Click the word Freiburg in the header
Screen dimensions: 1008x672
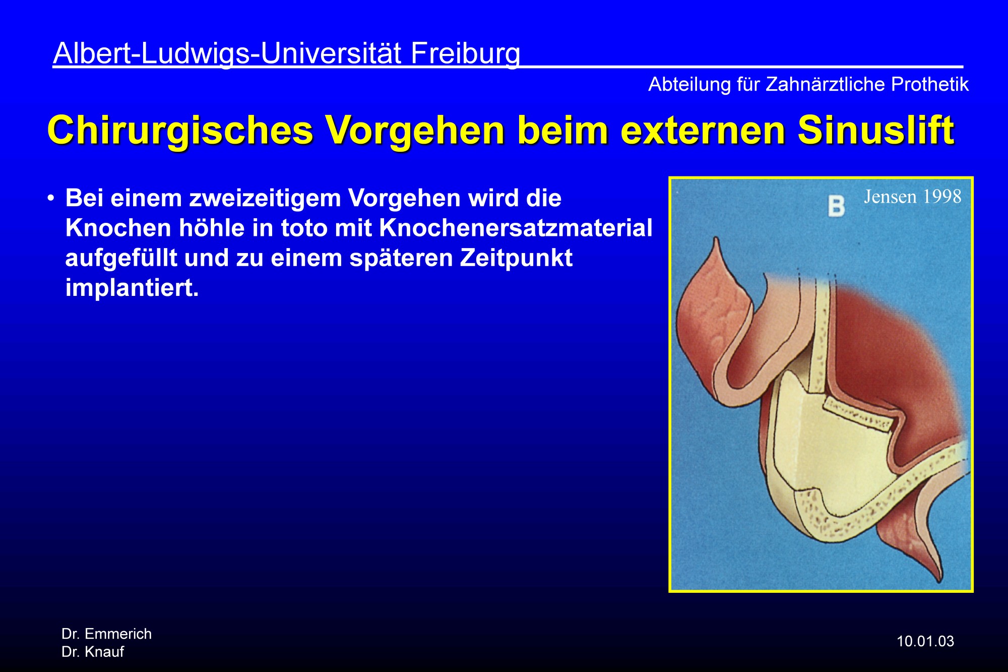465,54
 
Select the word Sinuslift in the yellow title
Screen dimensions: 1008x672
876,130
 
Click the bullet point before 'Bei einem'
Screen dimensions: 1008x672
51,198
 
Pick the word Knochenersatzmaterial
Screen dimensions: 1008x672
516,228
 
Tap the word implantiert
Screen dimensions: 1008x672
132,288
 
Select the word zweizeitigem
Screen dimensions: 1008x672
264,199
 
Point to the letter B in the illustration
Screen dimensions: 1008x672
836,206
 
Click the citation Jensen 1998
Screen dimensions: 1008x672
913,197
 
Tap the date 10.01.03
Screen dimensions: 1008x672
925,641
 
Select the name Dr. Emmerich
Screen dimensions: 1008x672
106,634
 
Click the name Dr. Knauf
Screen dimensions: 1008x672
93,652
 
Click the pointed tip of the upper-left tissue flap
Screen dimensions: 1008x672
716,238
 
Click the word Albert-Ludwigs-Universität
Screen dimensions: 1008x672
227,54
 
